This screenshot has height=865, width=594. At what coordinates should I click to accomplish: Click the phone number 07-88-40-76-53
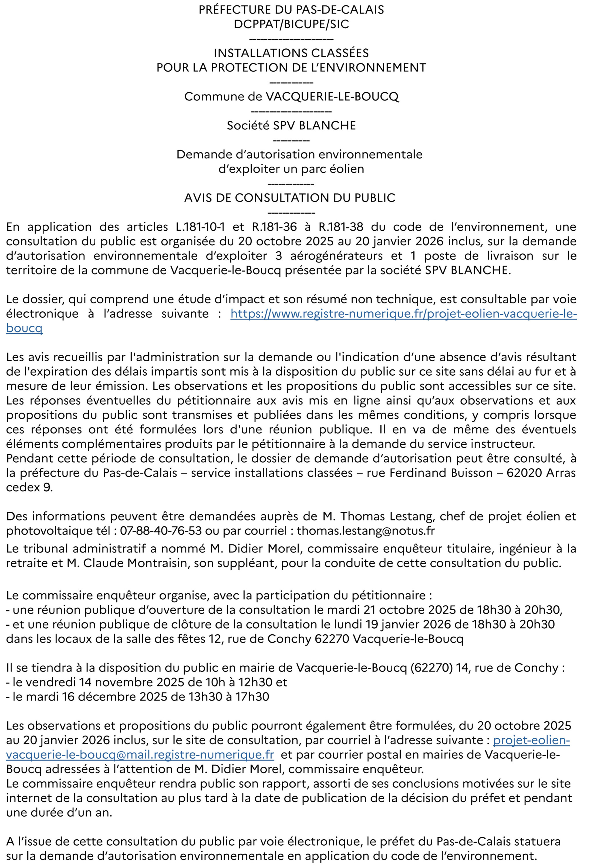(161, 531)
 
